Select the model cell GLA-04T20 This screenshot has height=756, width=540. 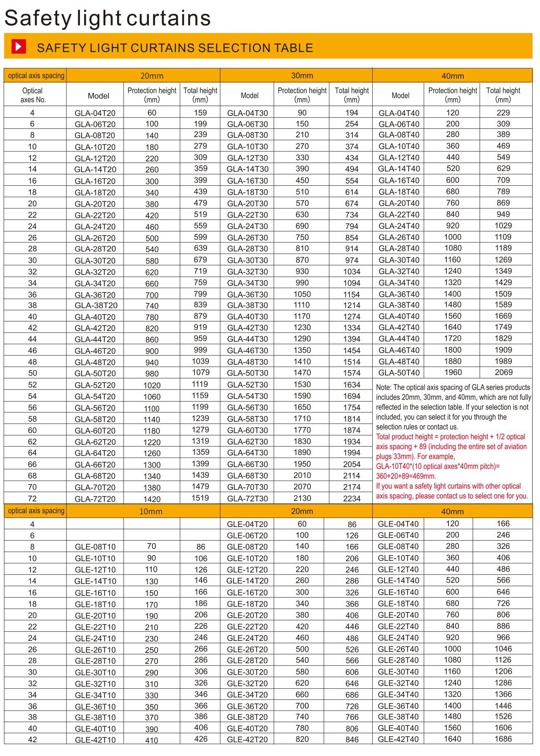click(x=95, y=113)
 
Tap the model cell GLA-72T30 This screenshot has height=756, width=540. click(x=247, y=498)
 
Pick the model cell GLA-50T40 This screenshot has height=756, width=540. click(x=399, y=373)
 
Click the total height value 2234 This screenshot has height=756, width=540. click(x=352, y=498)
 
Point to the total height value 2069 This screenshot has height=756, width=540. click(x=503, y=372)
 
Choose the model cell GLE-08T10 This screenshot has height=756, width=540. click(x=95, y=547)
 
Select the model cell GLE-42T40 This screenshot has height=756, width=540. click(x=398, y=739)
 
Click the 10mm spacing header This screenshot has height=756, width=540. click(x=150, y=511)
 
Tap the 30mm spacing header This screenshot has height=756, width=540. click(x=302, y=76)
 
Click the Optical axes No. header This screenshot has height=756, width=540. click(x=33, y=95)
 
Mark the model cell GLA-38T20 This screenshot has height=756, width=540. click(x=96, y=306)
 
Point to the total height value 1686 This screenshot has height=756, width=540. click(x=503, y=739)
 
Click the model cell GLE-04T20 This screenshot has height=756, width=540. click(x=247, y=524)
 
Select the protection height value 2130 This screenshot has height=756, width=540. click(x=302, y=498)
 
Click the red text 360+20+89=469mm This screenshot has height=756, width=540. click(x=406, y=476)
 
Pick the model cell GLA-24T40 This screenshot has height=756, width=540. click(x=399, y=226)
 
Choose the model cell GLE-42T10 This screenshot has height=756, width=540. click(x=95, y=740)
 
